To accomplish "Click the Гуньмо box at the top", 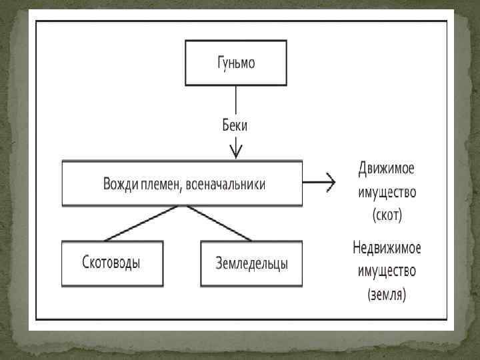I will [237, 63].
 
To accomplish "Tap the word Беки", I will [237, 124].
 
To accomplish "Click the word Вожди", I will [120, 184].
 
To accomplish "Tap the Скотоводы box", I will [112, 264].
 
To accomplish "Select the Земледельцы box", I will [251, 264].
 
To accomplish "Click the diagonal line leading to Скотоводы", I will [142, 223].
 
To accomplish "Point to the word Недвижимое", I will [387, 248].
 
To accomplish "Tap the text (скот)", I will [387, 215].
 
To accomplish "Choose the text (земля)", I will [387, 294].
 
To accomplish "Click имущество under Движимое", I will [387, 192].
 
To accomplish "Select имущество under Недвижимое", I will [387, 271].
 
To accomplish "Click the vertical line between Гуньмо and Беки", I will [237, 100].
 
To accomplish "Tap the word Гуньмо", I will [237, 64].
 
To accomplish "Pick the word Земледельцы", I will [251, 264].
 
